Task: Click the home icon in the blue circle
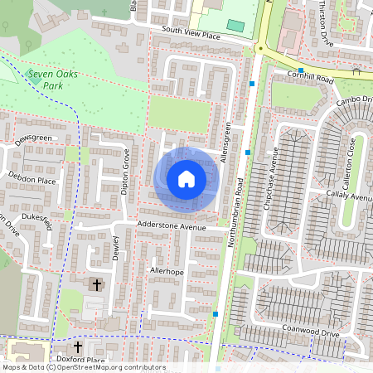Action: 186,179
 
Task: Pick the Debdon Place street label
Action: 31,178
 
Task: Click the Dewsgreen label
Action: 32,138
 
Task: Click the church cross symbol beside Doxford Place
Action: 79,346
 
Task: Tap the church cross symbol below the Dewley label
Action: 96,285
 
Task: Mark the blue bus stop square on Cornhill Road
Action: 301,70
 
